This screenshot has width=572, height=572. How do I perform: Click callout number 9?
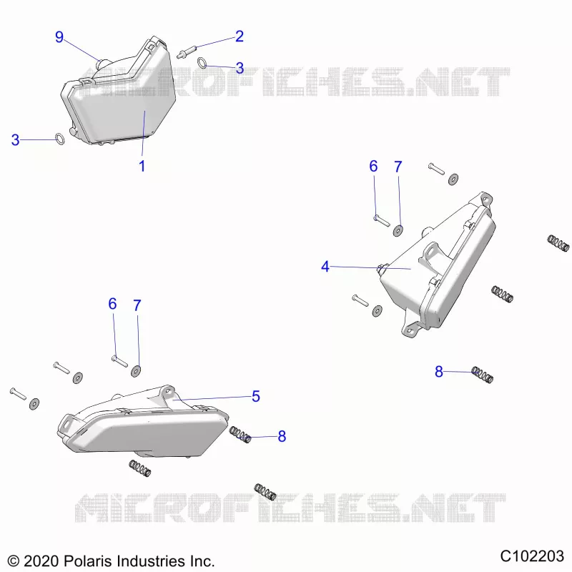pos(59,37)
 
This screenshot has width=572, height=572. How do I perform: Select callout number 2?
pos(240,36)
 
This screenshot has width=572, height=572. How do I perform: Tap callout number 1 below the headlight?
pos(142,166)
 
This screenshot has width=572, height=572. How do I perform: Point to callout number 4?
pos(325,267)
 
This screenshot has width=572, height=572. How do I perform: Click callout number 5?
pos(256,396)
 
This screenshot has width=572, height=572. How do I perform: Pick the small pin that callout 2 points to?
pos(187,51)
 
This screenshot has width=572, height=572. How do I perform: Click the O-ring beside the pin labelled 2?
pos(202,62)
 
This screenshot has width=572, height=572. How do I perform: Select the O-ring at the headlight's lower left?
pos(60,139)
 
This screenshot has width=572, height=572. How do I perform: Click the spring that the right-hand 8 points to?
pos(482,375)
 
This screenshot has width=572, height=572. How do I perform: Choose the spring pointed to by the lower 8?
pos(240,435)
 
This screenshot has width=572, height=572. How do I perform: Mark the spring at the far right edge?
pos(558,243)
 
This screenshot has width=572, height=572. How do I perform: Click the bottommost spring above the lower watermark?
pos(265,492)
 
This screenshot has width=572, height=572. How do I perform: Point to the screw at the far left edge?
pos(18,394)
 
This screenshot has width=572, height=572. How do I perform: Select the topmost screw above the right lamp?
pos(436,169)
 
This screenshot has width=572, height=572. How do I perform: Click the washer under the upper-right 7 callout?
pos(398,230)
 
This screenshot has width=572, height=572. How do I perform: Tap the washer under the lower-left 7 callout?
pos(136,371)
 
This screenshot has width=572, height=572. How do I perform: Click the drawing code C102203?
pos(532,556)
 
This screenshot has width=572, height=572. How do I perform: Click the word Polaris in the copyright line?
pos(87,561)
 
